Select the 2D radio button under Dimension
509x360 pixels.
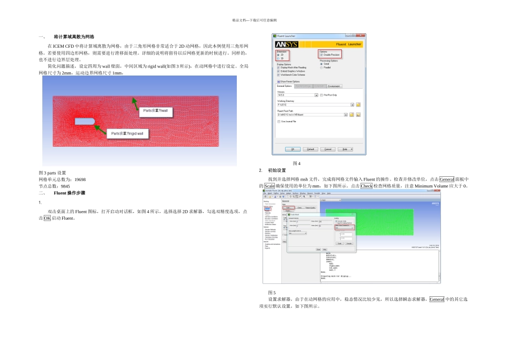(279, 54)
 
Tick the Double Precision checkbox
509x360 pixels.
(321, 55)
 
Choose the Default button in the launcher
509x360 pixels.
(310, 149)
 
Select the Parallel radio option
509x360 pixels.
(321, 67)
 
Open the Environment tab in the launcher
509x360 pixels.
(334, 86)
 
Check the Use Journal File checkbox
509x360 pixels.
(279, 122)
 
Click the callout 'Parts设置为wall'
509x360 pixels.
(155, 111)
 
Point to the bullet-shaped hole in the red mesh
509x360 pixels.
(85, 122)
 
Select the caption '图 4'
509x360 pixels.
(296, 163)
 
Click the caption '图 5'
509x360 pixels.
(272, 292)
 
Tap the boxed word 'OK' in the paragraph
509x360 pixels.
(48, 219)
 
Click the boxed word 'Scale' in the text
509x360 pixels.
(270, 186)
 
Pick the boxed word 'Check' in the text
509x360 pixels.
(366, 186)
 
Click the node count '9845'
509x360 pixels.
(65, 186)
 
